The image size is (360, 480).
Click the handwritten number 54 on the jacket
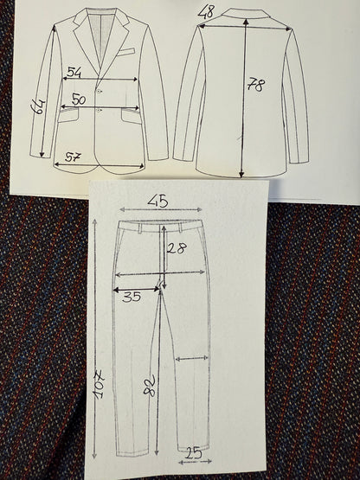point(74,73)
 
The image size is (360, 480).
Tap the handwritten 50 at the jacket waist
point(79,99)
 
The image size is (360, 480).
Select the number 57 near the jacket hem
point(73,157)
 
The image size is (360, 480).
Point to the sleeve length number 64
point(38,106)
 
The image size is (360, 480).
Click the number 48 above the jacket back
point(206,12)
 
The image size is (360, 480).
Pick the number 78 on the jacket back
point(255,85)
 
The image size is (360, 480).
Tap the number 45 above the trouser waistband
point(158,202)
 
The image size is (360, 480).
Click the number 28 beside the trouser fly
point(177,248)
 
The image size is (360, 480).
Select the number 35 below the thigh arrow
point(132,297)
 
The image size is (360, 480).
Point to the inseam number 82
point(150,387)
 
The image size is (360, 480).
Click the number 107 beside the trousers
point(100,385)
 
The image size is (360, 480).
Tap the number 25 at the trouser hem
point(194,452)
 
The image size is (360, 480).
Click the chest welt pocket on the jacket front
point(125,51)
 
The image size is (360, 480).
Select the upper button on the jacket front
point(99,91)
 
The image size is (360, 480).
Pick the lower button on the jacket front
point(99,110)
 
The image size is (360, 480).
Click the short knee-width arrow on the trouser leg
point(192,358)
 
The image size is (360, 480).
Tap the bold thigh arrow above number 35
point(136,289)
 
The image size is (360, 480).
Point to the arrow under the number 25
point(195,461)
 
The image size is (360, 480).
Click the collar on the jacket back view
point(244,13)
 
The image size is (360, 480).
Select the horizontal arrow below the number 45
point(161,209)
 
